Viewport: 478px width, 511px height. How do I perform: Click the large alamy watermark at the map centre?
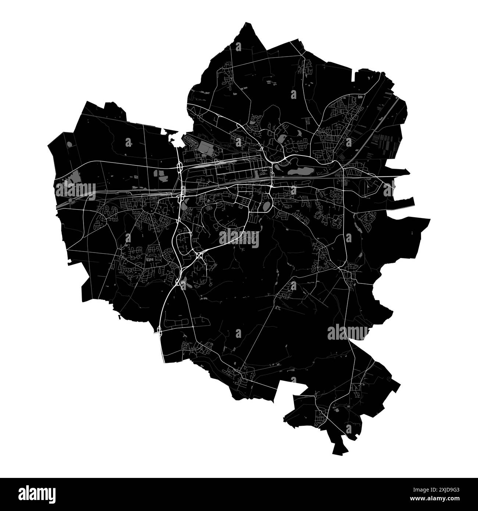point(239,238)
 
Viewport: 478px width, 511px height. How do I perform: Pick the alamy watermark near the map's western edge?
point(75,191)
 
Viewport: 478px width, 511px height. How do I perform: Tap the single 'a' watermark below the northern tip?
point(239,47)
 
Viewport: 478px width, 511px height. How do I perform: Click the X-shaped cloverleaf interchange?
point(199,254)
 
